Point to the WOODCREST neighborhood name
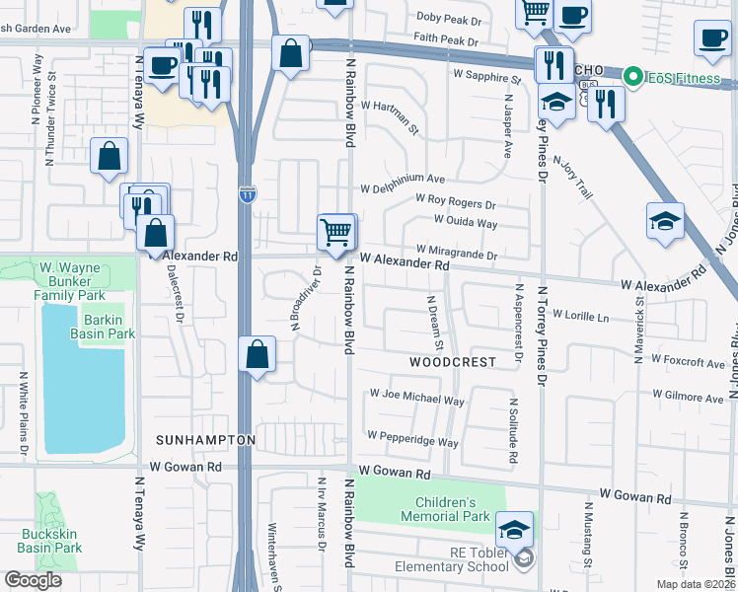[x=452, y=362]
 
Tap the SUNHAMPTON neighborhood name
[x=205, y=439]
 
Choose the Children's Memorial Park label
[x=446, y=509]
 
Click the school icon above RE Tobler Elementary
[x=514, y=531]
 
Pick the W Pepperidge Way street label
[x=412, y=436]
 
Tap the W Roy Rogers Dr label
[x=455, y=202]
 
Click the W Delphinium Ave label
[x=403, y=181]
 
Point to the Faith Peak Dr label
[x=445, y=43]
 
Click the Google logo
[x=33, y=580]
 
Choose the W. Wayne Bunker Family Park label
[x=71, y=281]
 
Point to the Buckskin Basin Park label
[x=51, y=541]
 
